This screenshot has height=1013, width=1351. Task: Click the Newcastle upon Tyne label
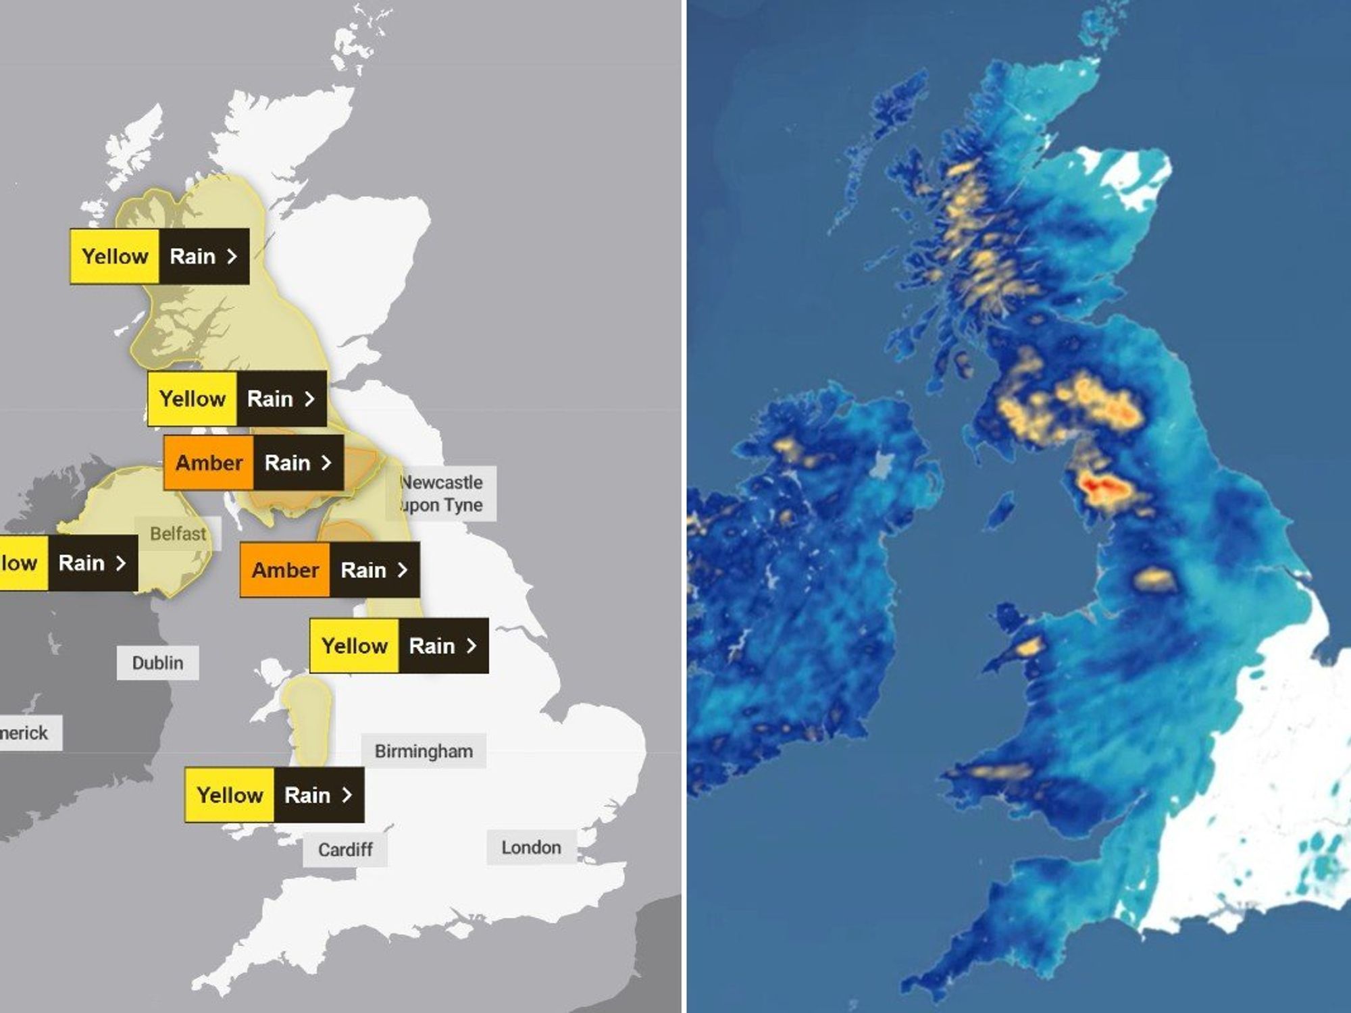441,494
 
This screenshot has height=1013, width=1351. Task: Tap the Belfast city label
178,534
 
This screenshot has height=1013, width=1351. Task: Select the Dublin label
157,663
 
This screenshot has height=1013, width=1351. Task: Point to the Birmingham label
424,751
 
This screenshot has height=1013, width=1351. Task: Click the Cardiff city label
345,849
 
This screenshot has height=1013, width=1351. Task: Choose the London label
531,847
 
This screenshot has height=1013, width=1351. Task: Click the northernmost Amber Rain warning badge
253,463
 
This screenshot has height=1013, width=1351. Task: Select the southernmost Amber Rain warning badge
330,569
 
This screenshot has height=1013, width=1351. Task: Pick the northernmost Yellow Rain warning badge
159,256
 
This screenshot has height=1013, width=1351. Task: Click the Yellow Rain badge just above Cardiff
274,795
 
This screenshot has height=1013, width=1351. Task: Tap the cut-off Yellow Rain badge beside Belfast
68,563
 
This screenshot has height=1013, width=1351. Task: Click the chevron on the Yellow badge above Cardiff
347,795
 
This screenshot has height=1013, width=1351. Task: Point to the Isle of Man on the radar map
1000,510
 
